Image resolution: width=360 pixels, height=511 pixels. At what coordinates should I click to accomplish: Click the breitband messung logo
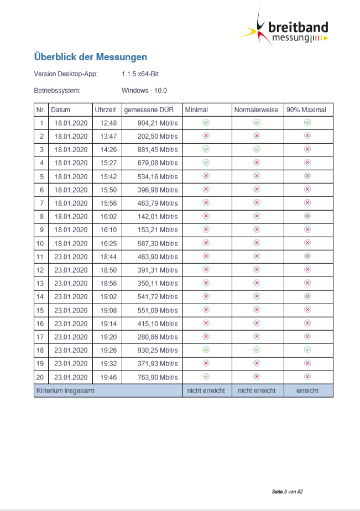click(288, 30)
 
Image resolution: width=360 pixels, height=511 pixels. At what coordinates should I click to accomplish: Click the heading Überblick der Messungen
click(90, 57)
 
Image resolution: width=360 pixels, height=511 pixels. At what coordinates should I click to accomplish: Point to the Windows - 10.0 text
click(144, 91)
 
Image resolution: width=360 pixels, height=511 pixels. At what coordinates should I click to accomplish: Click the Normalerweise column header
click(257, 109)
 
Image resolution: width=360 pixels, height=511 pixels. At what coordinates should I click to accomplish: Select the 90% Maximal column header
click(306, 109)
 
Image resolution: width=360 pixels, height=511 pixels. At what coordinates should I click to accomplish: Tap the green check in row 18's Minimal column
click(206, 350)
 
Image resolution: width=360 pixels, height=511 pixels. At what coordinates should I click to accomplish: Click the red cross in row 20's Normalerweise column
click(257, 377)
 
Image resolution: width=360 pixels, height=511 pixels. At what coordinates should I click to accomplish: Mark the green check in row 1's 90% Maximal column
click(307, 122)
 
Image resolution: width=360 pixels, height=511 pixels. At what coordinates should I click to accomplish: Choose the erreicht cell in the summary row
click(307, 390)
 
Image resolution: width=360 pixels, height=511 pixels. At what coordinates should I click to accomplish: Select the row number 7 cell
click(41, 203)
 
